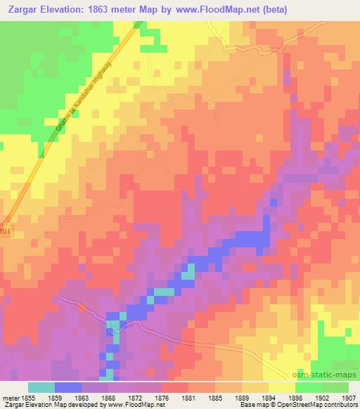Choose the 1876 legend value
162,396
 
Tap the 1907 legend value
347,396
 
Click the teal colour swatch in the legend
41,387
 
